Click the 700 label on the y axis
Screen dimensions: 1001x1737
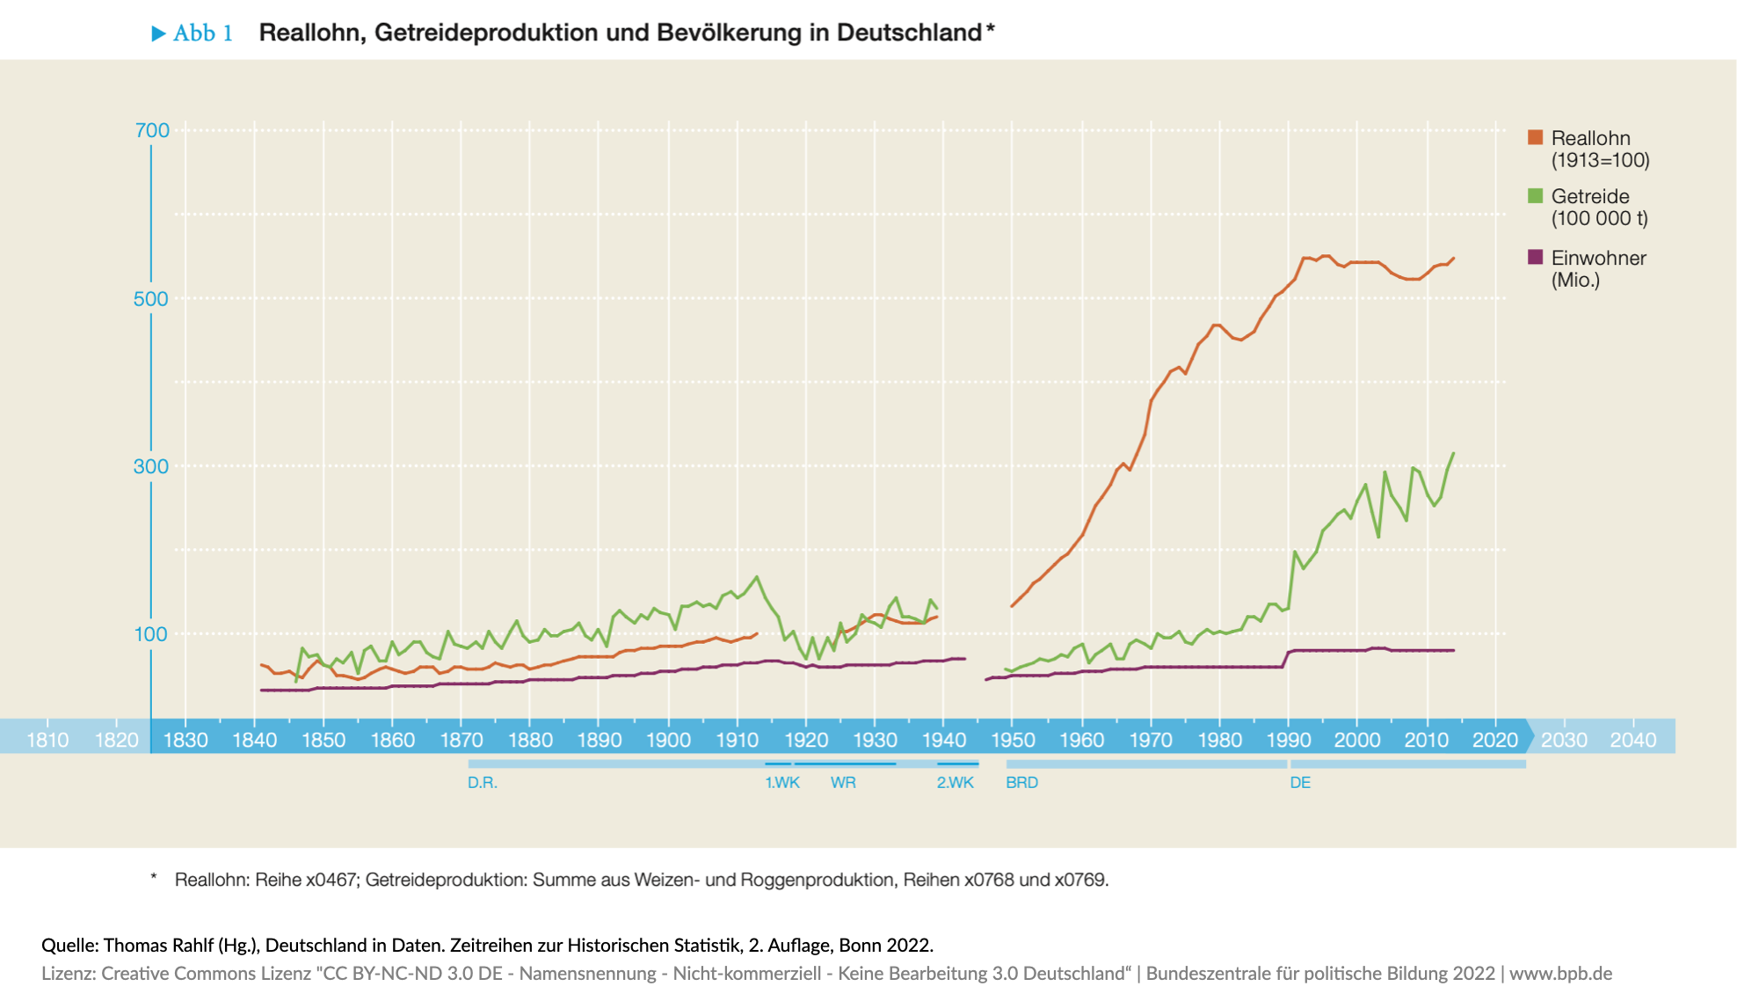coord(151,131)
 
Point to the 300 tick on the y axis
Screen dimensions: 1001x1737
coord(151,466)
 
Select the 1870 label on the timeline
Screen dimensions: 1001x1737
coord(462,740)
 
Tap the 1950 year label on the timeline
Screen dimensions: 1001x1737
coord(1013,740)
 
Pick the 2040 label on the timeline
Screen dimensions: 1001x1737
coord(1632,740)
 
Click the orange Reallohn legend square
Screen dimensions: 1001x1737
coord(1536,137)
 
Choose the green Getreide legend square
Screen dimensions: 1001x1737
coord(1536,195)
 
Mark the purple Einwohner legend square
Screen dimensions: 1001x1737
coord(1536,257)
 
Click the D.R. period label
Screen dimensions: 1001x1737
coord(483,783)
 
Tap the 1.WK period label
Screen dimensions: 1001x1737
coord(781,783)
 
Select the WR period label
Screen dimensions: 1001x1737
coord(843,783)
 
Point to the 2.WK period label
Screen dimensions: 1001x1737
coord(955,783)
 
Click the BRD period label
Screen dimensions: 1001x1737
coord(1021,783)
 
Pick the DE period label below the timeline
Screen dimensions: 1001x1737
coord(1300,783)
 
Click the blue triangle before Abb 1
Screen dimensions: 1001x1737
coord(158,33)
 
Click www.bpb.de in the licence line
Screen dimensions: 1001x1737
coord(1560,974)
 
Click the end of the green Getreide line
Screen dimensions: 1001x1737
coord(1454,453)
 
